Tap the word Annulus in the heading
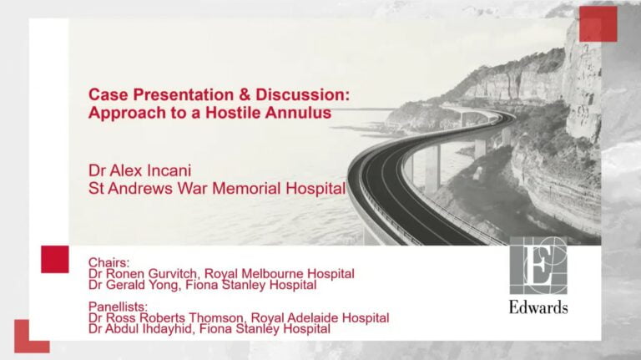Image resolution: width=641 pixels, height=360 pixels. coord(298,113)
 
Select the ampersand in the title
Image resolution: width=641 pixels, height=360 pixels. coord(245,94)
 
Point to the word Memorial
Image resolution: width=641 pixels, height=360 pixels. coord(246,189)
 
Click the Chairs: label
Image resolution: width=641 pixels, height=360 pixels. coord(109,262)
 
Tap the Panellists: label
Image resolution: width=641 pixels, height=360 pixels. coord(118,307)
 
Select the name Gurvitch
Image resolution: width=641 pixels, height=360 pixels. coord(172,273)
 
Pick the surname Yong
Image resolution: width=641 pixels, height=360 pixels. coord(164,285)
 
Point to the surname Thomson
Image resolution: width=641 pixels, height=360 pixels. coord(218,318)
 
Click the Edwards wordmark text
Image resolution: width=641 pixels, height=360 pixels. coord(538,307)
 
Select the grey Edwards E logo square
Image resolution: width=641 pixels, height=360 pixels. coord(538,265)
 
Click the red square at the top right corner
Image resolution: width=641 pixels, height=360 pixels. coord(598,23)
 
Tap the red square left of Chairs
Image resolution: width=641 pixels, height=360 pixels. coord(55,260)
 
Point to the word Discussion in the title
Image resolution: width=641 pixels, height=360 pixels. coord(303,94)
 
